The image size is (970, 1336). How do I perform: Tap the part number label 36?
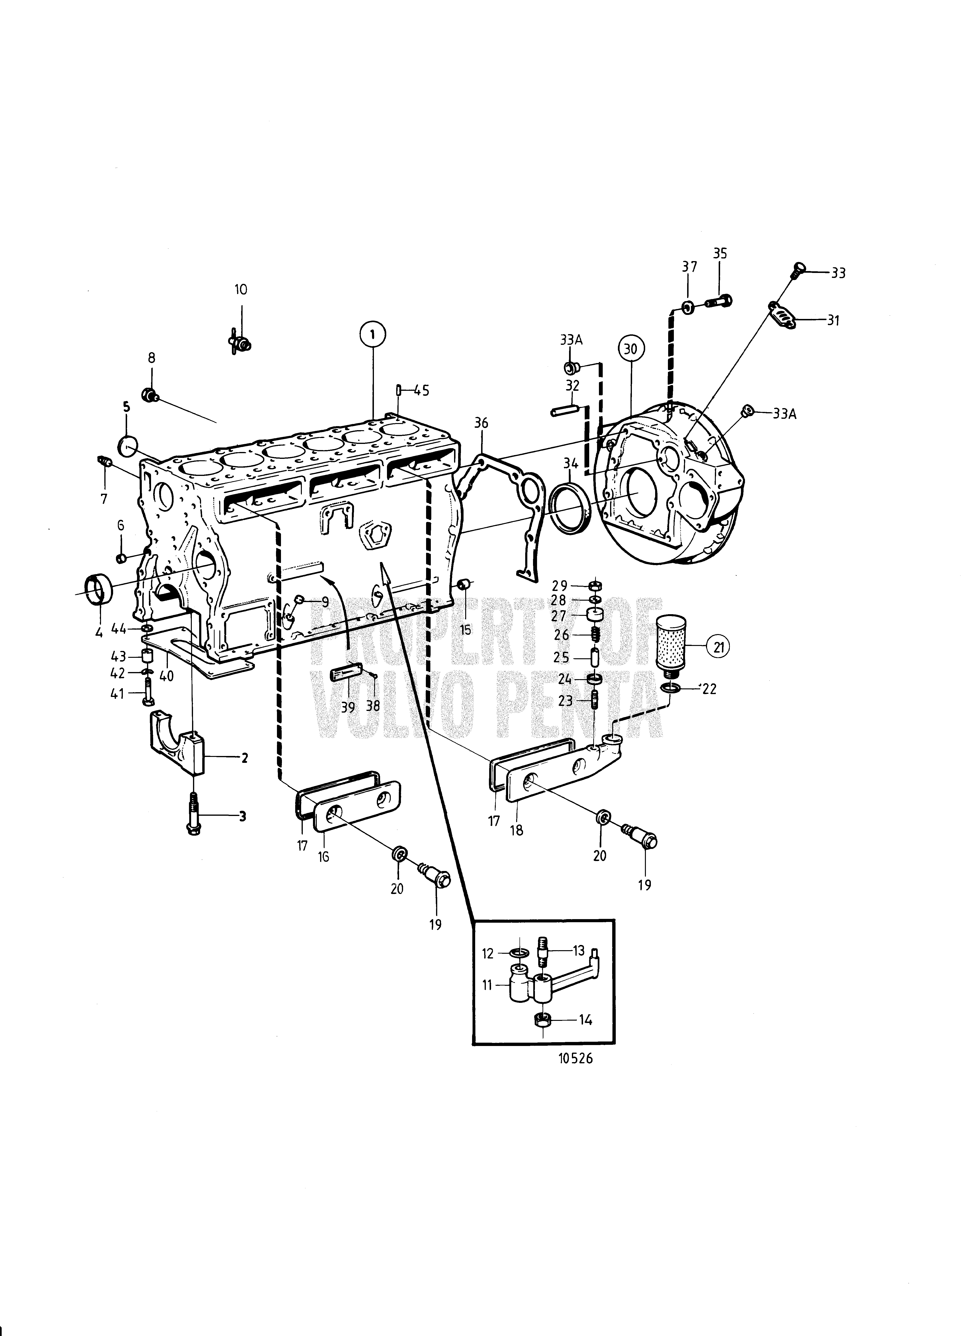tap(481, 423)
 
